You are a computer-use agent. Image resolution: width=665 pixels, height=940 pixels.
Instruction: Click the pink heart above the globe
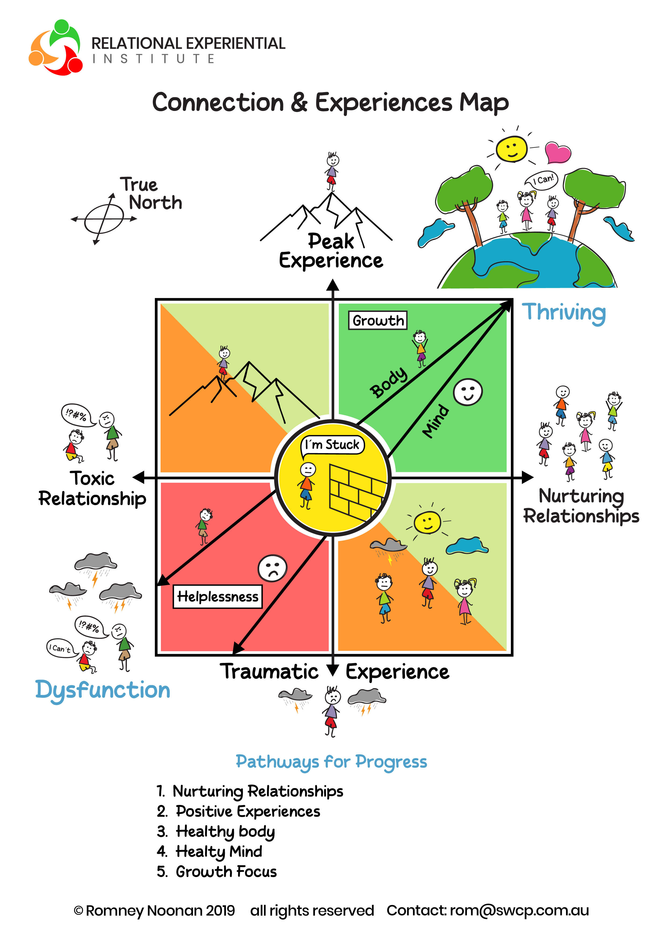[558, 152]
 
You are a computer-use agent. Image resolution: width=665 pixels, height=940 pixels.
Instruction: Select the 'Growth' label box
[378, 320]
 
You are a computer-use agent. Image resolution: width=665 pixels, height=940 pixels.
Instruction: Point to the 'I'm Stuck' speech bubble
[332, 445]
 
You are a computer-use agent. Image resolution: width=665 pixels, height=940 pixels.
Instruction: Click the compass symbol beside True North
[104, 219]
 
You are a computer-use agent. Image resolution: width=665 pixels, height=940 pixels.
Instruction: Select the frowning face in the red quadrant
[272, 568]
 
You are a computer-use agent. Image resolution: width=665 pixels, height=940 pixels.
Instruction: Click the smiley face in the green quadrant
[468, 392]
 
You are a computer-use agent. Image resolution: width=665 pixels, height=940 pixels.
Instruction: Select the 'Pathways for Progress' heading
[331, 762]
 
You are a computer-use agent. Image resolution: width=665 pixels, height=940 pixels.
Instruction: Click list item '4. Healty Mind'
[210, 852]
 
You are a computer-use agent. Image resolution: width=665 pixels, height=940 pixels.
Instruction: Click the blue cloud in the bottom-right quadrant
[467, 546]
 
